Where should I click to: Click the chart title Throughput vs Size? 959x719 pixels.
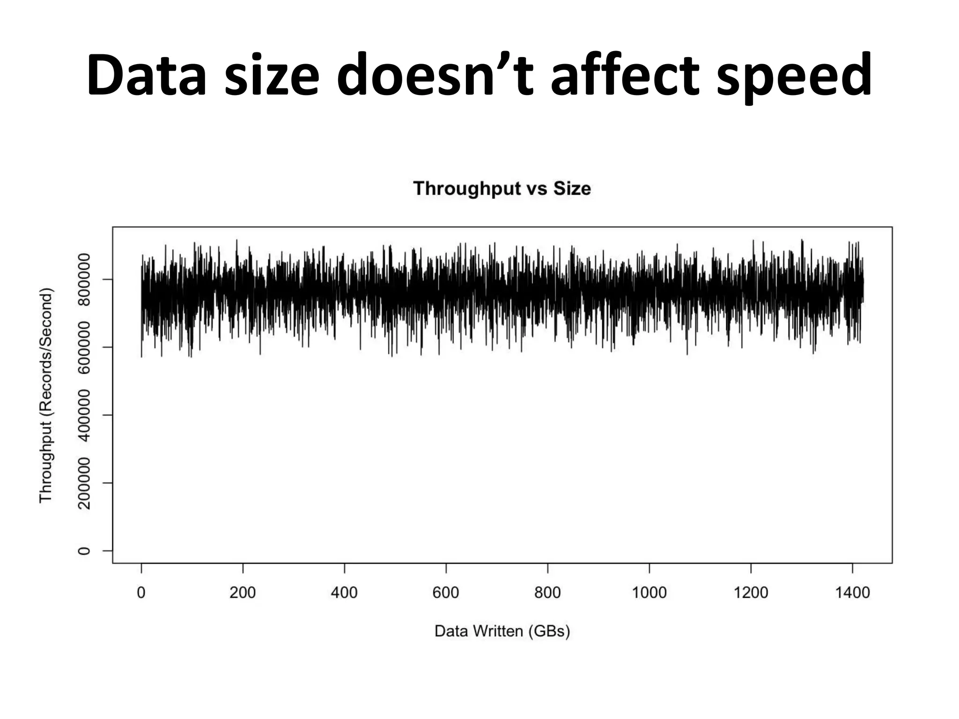502,189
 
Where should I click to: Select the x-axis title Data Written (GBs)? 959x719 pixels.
502,631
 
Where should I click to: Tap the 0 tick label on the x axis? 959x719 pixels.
141,593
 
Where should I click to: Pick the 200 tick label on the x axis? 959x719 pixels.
243,593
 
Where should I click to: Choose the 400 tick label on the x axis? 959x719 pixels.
344,593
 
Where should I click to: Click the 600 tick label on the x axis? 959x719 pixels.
446,593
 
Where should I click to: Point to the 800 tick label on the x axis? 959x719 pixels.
547,593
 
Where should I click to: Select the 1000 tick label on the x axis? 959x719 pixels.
649,593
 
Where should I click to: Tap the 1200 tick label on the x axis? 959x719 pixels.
751,593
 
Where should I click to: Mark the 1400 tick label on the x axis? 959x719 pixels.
852,593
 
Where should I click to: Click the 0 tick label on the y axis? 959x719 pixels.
84,550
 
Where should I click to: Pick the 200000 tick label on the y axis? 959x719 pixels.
84,483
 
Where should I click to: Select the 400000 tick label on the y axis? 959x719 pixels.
84,415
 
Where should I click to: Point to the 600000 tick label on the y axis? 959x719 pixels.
84,347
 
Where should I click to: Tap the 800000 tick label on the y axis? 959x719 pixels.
84,279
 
